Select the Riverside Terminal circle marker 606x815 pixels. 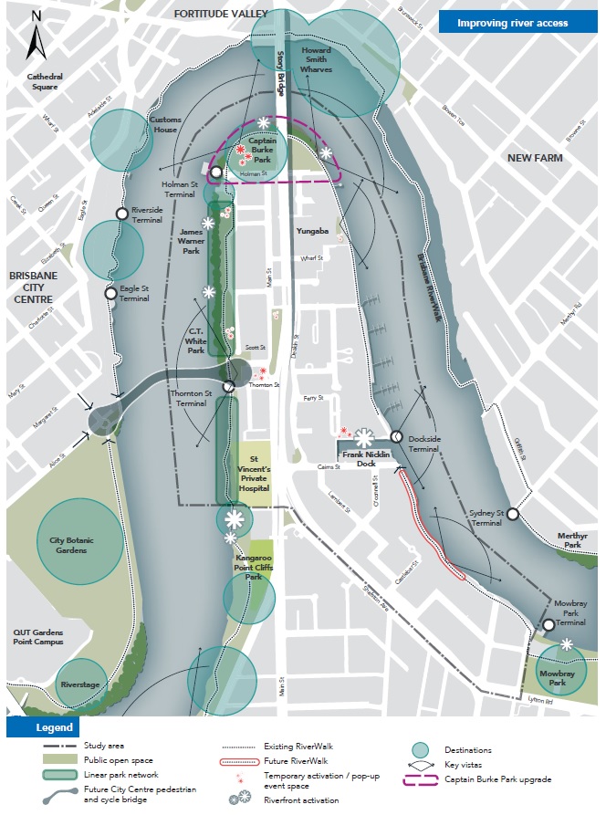(121, 214)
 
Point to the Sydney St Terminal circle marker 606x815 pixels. (513, 514)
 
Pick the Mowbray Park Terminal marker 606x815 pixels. (548, 625)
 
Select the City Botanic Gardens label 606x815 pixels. (80, 541)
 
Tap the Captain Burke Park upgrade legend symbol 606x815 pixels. (420, 778)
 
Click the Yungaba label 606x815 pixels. (311, 231)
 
